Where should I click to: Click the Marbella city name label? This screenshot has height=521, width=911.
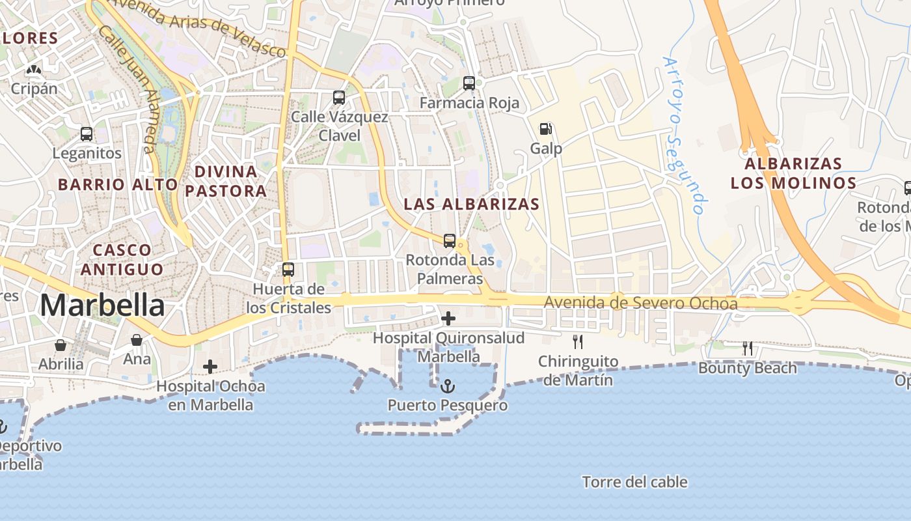(x=103, y=305)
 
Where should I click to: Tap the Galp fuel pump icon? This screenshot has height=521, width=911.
(x=546, y=129)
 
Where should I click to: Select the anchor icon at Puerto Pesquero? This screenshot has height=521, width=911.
(x=448, y=386)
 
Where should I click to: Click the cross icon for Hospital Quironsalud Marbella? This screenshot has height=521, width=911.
(x=448, y=318)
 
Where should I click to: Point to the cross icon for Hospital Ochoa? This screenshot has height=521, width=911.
(x=210, y=367)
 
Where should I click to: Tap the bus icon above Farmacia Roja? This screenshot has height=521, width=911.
(x=469, y=83)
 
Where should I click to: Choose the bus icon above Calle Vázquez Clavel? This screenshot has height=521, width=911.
(x=339, y=98)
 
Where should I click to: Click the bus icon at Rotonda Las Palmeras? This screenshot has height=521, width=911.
(x=450, y=241)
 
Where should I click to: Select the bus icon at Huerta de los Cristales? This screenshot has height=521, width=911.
(x=288, y=270)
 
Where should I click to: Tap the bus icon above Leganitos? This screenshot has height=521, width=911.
(x=87, y=134)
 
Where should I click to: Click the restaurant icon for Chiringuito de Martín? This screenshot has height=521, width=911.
(x=577, y=341)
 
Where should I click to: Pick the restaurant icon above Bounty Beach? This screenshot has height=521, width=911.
(x=748, y=348)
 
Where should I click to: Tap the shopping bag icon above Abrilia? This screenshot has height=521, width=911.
(x=61, y=345)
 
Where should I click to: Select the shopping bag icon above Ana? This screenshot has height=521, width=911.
(x=137, y=339)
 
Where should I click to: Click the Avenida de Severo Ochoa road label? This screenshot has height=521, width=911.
(x=641, y=303)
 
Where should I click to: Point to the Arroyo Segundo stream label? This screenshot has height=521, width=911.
(x=684, y=135)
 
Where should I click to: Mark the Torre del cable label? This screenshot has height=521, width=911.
(x=634, y=482)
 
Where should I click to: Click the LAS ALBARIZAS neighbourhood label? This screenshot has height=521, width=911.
(x=472, y=204)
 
